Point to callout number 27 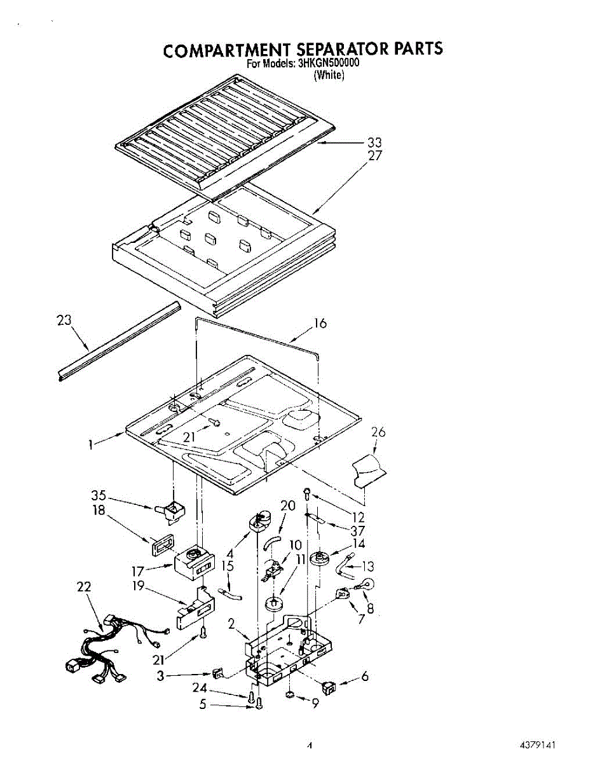[x=375, y=155]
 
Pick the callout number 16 [x=320, y=324]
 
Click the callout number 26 [x=378, y=432]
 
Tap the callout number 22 [x=84, y=587]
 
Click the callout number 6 [x=364, y=677]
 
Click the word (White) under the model [x=329, y=75]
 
